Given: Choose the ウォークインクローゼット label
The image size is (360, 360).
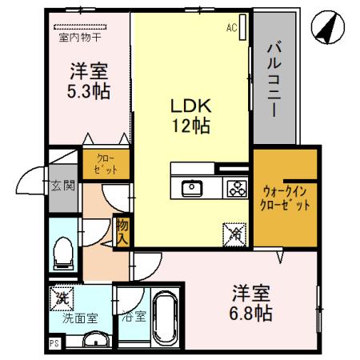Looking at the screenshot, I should tap(286, 198).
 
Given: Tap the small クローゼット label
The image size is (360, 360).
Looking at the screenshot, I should tap(105, 164).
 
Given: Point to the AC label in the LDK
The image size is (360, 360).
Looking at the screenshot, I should tap(231, 29).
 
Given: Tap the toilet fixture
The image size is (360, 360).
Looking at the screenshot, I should tap(62, 255).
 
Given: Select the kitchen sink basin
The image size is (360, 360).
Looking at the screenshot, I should tap(193, 189).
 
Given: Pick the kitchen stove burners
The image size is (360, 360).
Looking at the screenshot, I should tap(236, 189).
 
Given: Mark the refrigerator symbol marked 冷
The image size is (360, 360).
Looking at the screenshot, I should tap(235, 234).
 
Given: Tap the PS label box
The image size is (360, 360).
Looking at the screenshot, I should tap(54, 344).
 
